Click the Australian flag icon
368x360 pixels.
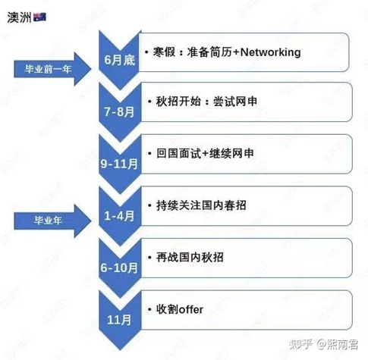coord(39,17)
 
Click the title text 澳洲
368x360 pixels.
coord(19,17)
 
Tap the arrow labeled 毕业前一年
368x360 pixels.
coord(52,69)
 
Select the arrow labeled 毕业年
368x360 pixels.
coord(52,221)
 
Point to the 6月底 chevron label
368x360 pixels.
coord(120,60)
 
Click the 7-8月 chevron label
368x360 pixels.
coord(119,111)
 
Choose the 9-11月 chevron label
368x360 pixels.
coord(119,164)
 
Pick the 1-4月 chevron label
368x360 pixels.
coord(119,216)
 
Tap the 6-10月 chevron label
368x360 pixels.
coord(119,268)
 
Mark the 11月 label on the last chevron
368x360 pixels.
coord(119,320)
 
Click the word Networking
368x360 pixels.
coord(270,52)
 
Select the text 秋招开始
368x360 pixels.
coord(178,102)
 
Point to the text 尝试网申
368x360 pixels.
coord(235,102)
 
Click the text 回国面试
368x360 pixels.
coord(178,153)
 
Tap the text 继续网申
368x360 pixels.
coord(231,153)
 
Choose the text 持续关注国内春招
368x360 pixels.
coord(201,205)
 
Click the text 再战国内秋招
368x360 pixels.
coord(190,258)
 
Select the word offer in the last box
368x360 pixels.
coord(190,309)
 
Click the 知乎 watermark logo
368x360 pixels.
coord(300,344)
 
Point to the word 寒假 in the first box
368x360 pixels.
coord(164,52)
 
